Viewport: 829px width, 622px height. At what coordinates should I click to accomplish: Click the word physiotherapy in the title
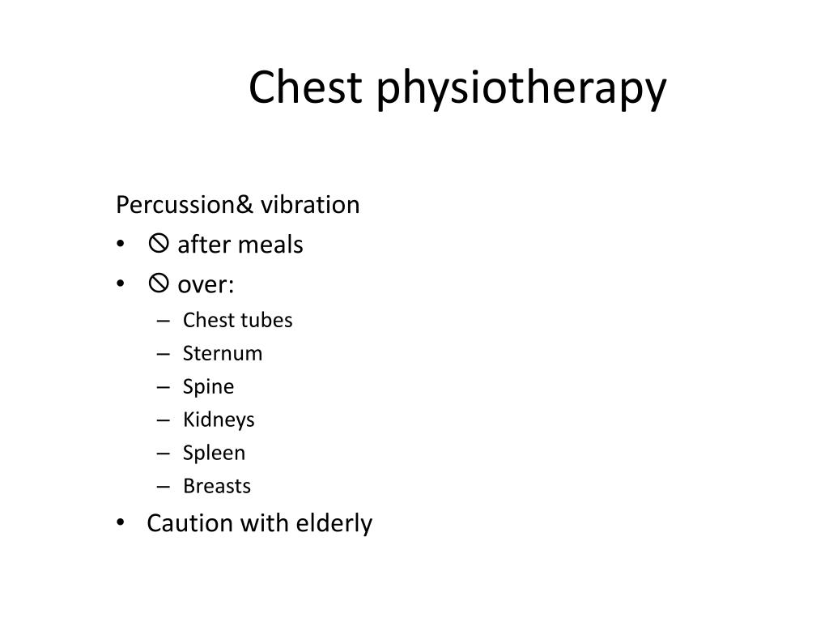point(520,89)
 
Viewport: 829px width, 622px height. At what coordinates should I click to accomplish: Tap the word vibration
point(310,205)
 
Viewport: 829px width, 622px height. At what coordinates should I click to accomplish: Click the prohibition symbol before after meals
point(158,243)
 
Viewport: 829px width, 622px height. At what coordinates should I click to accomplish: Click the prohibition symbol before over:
point(158,283)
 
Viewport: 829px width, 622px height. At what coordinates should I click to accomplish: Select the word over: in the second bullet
point(206,285)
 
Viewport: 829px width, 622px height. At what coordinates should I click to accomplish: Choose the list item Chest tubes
point(237,320)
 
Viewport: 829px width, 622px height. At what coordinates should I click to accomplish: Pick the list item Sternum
point(223,353)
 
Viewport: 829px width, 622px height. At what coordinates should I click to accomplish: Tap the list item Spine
point(208,387)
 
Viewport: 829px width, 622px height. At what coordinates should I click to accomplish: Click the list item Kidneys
point(219,420)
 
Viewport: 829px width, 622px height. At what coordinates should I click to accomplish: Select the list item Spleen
point(214,454)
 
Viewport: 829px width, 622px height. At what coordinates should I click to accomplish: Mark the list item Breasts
point(217,486)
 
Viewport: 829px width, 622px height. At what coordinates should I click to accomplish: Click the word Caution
point(189,523)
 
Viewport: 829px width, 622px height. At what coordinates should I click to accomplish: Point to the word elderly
point(334,524)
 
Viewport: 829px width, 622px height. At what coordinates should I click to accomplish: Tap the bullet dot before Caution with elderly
point(121,523)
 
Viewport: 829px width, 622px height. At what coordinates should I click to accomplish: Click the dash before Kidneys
point(164,420)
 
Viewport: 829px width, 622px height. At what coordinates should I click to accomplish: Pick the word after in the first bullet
point(199,245)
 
